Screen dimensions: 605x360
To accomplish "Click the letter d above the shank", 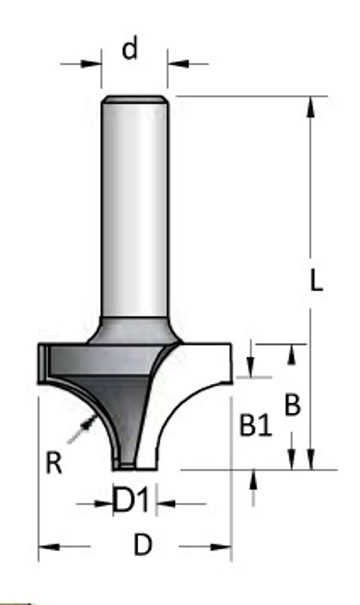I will click(130, 50).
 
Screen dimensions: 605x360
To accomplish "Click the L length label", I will click(316, 281).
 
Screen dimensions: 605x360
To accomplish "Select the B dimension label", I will click(292, 405).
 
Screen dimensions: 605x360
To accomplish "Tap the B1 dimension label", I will click(256, 428).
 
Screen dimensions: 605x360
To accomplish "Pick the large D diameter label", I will click(143, 547).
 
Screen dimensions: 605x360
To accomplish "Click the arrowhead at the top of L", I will click(311, 106).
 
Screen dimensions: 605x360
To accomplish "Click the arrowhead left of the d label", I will click(93, 64).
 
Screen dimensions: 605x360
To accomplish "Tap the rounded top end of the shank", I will click(135, 100).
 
